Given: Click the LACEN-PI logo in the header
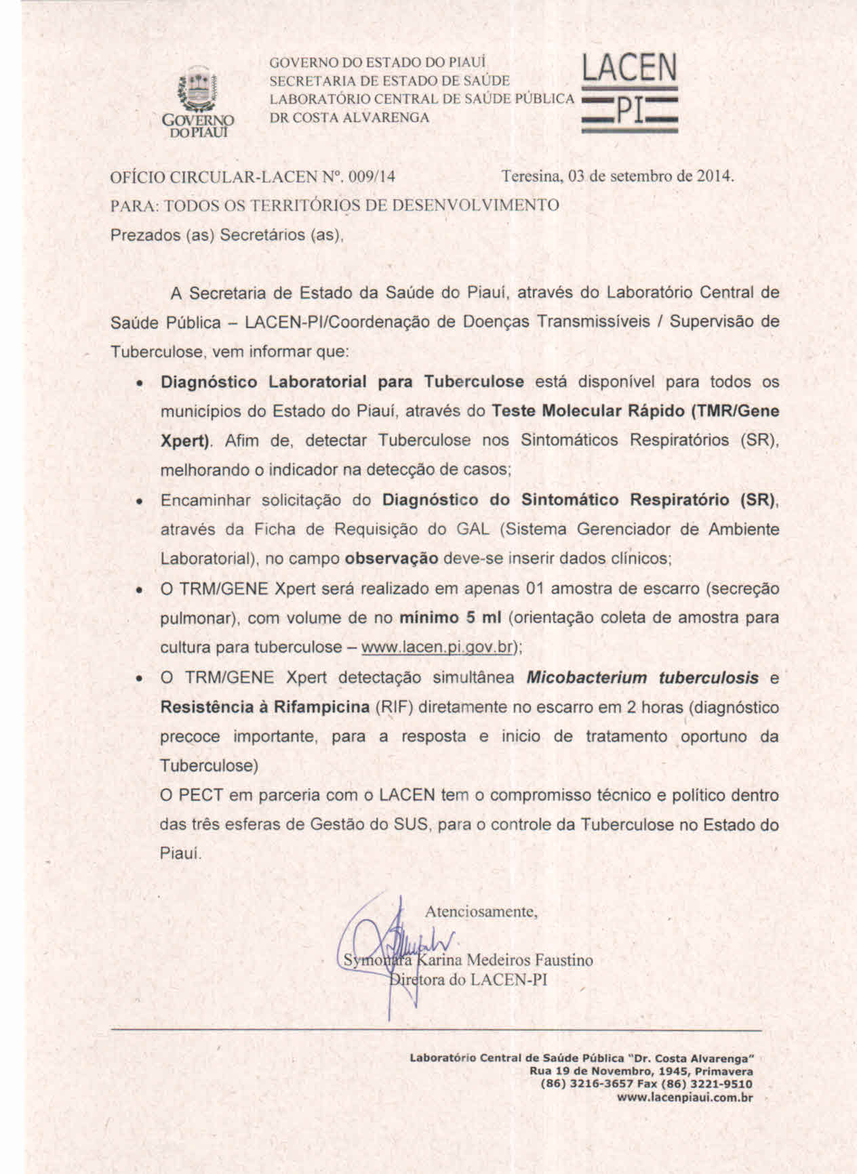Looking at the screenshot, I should (x=629, y=93).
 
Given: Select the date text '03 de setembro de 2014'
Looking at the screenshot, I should (x=651, y=176).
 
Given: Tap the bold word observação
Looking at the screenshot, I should (x=391, y=559).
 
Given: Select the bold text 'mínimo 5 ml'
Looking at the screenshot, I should (x=450, y=618).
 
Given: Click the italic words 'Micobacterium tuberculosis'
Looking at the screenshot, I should (x=642, y=678).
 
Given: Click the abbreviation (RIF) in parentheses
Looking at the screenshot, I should (x=394, y=707).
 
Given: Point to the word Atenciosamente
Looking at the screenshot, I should (x=481, y=912).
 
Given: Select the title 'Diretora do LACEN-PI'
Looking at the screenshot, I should (x=469, y=979).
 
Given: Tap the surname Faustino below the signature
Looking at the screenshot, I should (x=563, y=960).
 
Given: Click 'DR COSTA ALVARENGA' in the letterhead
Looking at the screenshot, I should (x=349, y=117).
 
